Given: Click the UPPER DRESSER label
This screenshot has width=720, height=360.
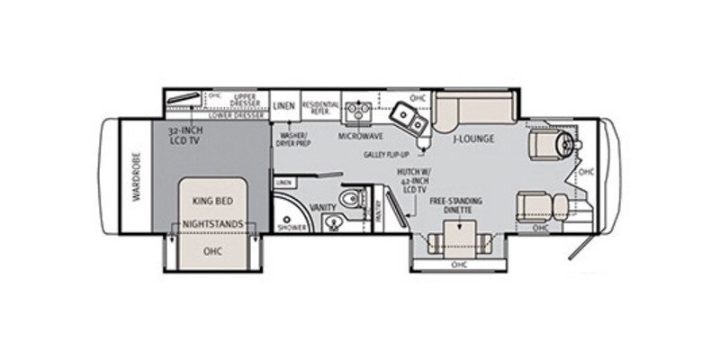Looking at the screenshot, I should [245, 99].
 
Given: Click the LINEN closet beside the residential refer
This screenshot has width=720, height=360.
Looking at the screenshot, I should [284, 106].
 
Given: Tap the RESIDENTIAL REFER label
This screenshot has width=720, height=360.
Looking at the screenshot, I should [319, 106].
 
